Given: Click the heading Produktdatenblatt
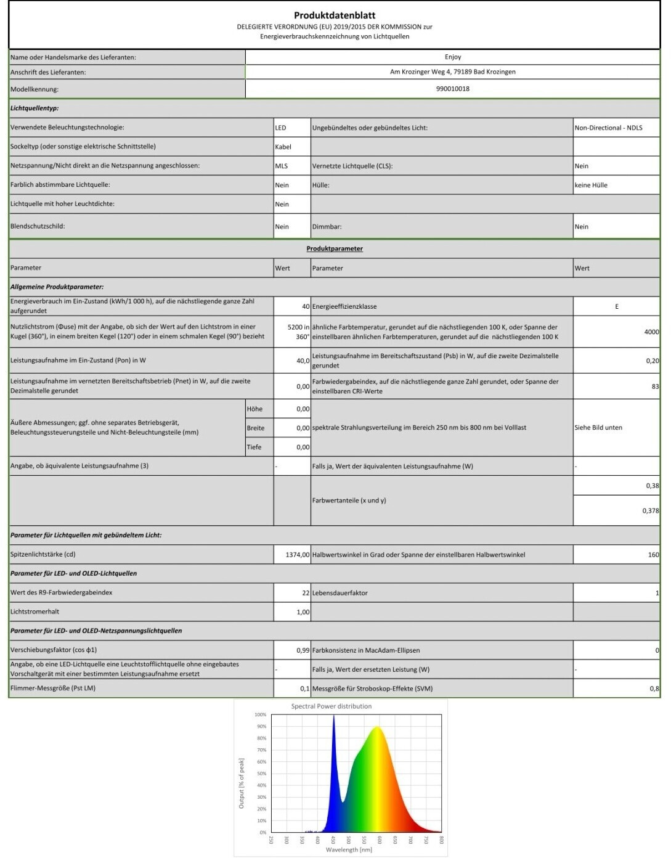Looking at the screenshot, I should pyautogui.click(x=335, y=15).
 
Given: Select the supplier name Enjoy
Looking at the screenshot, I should pyautogui.click(x=453, y=57).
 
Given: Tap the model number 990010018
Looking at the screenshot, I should pyautogui.click(x=453, y=89).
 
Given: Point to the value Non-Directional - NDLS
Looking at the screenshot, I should pyautogui.click(x=608, y=128).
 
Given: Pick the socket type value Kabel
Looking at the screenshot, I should pyautogui.click(x=283, y=147).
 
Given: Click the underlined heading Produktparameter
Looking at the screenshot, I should pyautogui.click(x=335, y=249).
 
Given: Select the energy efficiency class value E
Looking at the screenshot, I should pyautogui.click(x=617, y=306).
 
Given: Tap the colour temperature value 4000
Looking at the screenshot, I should pyautogui.click(x=651, y=332).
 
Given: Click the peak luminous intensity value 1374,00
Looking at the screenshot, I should pyautogui.click(x=298, y=555).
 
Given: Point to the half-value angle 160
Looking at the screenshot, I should pyautogui.click(x=653, y=555).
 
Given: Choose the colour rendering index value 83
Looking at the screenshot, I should pyautogui.click(x=655, y=386).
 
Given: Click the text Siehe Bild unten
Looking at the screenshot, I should pyautogui.click(x=598, y=428).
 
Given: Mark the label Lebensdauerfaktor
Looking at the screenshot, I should pyautogui.click(x=340, y=593).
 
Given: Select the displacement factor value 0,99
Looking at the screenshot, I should pyautogui.click(x=303, y=650).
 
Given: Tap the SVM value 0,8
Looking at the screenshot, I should pyautogui.click(x=654, y=688).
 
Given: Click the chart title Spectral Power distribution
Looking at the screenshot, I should pyautogui.click(x=331, y=706).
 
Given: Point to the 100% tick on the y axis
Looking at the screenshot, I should pyautogui.click(x=261, y=715).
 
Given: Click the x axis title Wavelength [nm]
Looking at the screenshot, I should pyautogui.click(x=349, y=850).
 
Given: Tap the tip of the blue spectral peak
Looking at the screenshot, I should pyautogui.click(x=334, y=716).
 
